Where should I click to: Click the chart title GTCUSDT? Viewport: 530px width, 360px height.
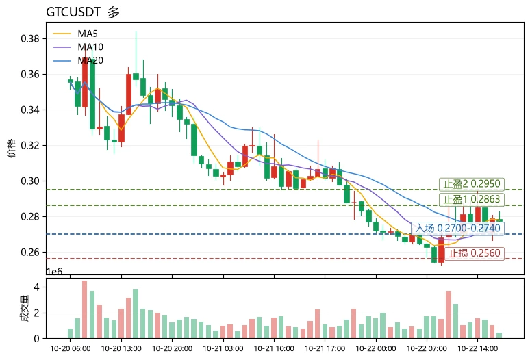point(73,12)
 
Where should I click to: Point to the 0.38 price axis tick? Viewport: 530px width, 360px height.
point(30,38)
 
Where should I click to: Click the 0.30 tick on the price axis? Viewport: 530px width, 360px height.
point(30,181)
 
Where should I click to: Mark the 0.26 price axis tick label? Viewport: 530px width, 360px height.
point(30,253)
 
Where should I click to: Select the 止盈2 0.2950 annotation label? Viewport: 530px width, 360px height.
point(472,184)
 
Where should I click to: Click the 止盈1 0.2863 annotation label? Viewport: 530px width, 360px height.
point(472,199)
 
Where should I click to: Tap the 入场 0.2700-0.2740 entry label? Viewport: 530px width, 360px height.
point(457,229)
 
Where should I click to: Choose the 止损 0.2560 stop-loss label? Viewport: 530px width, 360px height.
point(475,253)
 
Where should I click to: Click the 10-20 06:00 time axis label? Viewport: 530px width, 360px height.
point(71,348)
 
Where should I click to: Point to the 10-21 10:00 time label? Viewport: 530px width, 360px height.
point(274,348)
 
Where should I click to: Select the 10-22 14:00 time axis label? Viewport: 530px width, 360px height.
point(477,348)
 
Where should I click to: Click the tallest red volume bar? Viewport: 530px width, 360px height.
point(84,309)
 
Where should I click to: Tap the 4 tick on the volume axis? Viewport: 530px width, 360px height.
point(36,287)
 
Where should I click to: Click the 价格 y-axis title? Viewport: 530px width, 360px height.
point(12,148)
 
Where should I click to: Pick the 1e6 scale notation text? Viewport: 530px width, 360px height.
point(54,272)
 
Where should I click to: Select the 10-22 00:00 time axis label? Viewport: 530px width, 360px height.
point(375,348)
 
